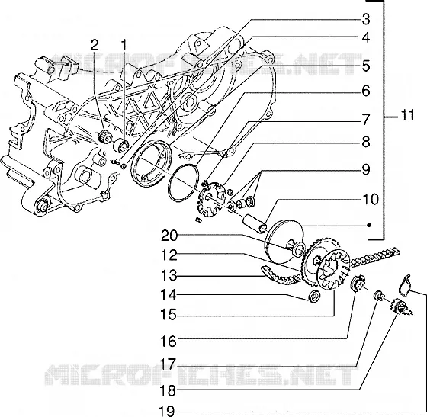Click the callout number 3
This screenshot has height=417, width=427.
click(366, 20)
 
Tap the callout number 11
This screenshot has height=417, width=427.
click(406, 115)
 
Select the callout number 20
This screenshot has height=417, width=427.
click(169, 236)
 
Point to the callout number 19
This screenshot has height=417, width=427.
click(167, 411)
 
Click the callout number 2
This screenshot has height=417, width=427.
click(95, 45)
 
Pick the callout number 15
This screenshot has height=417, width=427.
click(169, 315)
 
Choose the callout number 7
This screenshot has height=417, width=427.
click(366, 119)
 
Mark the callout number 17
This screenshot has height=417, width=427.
click(169, 364)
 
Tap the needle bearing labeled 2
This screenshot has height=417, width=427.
click(104, 136)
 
